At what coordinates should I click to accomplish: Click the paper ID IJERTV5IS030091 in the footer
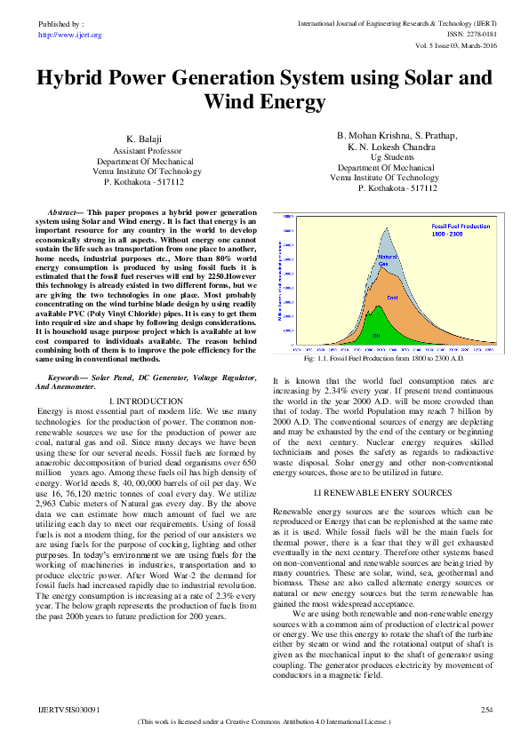coord(69,711)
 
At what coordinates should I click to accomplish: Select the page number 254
coord(485,711)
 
